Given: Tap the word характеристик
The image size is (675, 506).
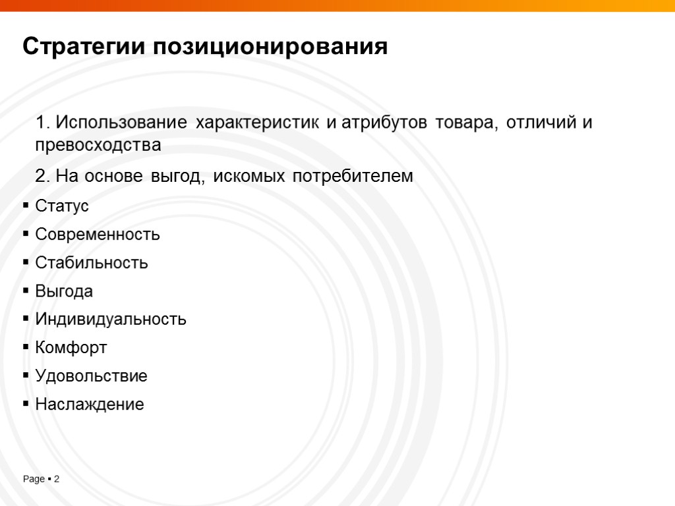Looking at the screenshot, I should coord(257,123).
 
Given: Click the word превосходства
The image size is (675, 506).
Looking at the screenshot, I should coord(98,146).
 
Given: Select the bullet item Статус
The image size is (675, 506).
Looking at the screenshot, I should coord(62,206).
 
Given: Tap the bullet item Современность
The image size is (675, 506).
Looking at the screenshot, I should coord(98,235).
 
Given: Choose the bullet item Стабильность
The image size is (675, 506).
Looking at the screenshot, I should coord(92,263).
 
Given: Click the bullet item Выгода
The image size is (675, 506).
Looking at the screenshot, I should coord(64,291).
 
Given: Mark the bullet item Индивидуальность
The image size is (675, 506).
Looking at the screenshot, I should coord(111,320).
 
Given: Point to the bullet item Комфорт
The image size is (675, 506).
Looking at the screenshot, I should coord(71,348).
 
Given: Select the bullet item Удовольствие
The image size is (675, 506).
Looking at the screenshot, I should coord(91,376).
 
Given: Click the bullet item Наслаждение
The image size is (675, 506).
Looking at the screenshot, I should coord(90,405).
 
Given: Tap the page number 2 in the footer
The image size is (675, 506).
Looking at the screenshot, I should coord(57,480).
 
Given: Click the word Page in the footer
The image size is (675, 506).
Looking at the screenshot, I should coord(34,480).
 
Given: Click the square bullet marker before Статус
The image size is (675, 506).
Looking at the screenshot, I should coord(26,206).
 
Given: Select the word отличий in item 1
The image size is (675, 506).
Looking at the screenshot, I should coord(541,123).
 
